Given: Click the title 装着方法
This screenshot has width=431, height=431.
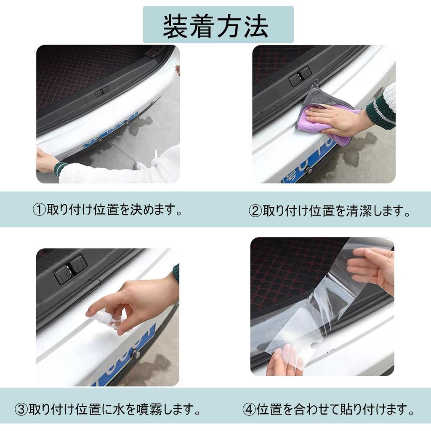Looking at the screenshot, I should pyautogui.click(x=215, y=26).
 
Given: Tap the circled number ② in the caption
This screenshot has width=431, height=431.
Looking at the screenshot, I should pyautogui.click(x=255, y=210).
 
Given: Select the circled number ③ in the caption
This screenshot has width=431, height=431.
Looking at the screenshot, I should pyautogui.click(x=21, y=409).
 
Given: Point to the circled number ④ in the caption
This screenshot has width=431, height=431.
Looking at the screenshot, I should pyautogui.click(x=249, y=409).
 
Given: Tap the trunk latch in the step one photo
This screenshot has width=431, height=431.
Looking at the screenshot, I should pyautogui.click(x=102, y=91).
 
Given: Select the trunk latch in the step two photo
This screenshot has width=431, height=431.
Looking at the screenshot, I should pyautogui.click(x=300, y=77).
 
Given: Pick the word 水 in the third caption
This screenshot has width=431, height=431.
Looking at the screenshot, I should pyautogui.click(x=121, y=409).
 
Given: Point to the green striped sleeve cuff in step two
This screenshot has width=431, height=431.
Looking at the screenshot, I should pyautogui.click(x=381, y=112).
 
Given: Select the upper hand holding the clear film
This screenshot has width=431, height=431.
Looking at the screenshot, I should pyautogui.click(x=372, y=265).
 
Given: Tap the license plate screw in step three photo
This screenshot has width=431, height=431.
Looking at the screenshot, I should pyautogui.click(x=136, y=354).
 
